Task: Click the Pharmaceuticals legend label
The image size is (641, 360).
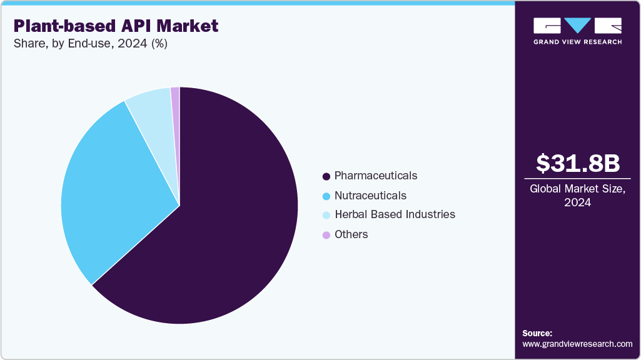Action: [x=376, y=176]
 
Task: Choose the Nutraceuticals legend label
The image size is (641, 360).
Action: [x=370, y=196]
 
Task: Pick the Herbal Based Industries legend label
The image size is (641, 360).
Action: [x=395, y=214]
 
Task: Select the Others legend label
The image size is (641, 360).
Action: [x=351, y=234]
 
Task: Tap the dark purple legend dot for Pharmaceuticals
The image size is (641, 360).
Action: [x=326, y=176]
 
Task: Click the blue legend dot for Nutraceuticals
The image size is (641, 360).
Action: [x=326, y=196]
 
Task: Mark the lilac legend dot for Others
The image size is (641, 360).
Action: [x=326, y=235]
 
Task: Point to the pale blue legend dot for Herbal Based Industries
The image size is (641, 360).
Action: [x=326, y=215]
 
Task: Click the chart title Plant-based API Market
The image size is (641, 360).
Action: [x=116, y=26]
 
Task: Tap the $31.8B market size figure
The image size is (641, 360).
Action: [x=578, y=163]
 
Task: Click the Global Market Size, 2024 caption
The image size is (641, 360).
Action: [x=578, y=195]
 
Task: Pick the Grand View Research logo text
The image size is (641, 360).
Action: [x=577, y=42]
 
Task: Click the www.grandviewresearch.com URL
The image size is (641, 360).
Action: [x=577, y=344]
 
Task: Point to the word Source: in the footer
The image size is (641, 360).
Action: [x=537, y=333]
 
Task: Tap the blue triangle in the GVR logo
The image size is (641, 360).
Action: [x=578, y=25]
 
